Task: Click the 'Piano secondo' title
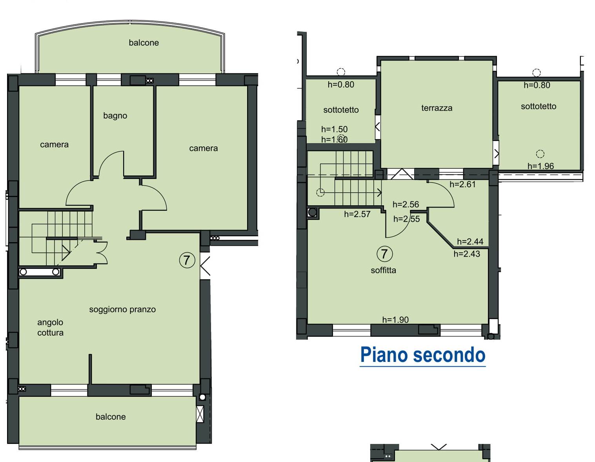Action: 422,355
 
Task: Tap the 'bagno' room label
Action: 115,116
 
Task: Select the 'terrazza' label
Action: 437,108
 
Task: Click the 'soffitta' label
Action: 383,270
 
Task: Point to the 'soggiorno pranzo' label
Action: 122,310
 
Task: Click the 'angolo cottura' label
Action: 50,327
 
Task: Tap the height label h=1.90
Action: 395,320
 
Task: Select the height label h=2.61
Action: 462,184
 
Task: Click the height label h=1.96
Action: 540,166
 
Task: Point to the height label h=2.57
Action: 357,214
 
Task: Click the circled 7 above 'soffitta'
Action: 384,254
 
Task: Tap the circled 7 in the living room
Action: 187,260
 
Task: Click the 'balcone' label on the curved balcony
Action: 144,43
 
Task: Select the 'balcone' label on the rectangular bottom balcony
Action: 111,417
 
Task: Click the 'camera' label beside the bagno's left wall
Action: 54,144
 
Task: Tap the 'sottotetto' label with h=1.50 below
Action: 341,110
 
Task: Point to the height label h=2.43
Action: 467,254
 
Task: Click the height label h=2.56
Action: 406,204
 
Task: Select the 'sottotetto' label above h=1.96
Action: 538,106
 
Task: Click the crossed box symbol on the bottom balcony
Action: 200,414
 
